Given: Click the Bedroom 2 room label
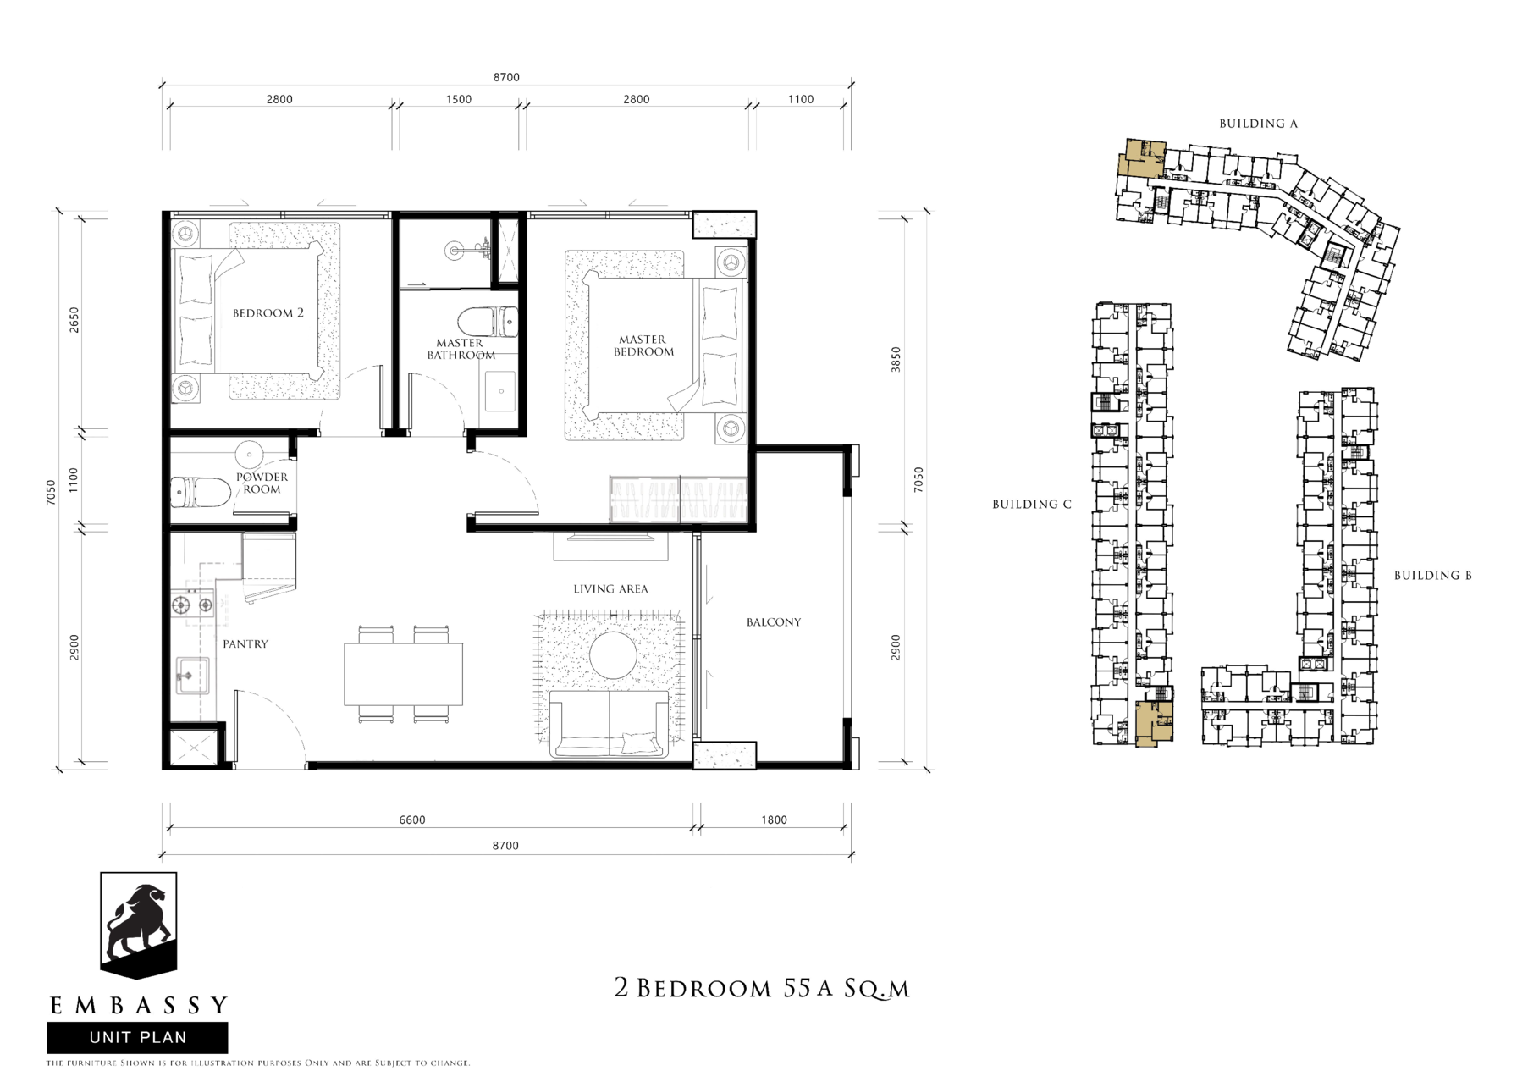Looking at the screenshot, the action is [268, 313].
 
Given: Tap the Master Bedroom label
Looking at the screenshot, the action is [643, 345].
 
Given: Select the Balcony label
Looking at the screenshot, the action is [773, 622].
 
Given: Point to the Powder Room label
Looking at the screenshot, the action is [262, 483].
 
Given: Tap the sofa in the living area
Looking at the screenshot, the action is [609, 724].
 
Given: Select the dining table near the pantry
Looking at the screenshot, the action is [403, 674].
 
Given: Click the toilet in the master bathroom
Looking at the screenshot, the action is [487, 322].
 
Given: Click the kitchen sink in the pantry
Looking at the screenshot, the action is [192, 676].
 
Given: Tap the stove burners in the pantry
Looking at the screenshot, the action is [192, 605].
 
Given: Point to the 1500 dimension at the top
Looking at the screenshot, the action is [459, 99].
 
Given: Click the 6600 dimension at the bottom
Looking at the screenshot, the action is [412, 820].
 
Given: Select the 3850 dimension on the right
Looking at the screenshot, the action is [896, 359].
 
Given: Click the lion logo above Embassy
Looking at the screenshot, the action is [139, 925].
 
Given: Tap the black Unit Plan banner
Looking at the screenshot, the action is [137, 1037].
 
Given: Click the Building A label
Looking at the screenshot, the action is [1258, 124].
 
